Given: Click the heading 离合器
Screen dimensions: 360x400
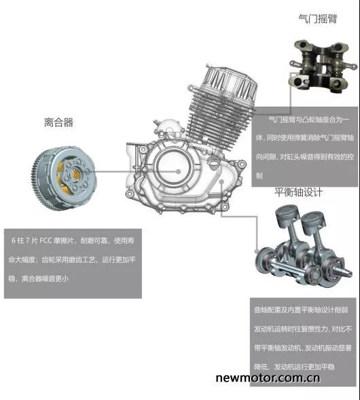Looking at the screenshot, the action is click(x=58, y=122).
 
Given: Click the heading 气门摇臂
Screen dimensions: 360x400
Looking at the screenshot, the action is click(x=318, y=18).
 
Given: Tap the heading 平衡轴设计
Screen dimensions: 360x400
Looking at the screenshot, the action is click(x=298, y=192).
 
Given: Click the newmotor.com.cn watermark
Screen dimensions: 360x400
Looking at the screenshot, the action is click(x=268, y=378).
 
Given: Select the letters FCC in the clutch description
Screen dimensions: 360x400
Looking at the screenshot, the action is click(x=46, y=240).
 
